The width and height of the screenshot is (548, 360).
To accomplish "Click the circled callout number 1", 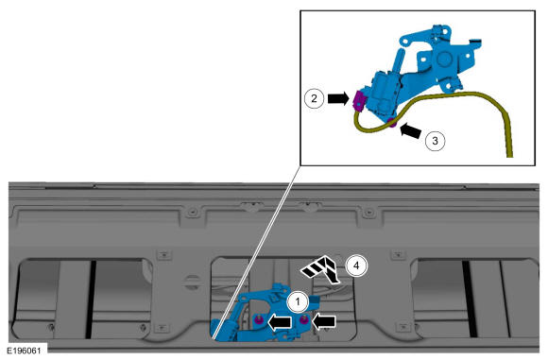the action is [x=298, y=301].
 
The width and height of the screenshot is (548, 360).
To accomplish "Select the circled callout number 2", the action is [x=314, y=98].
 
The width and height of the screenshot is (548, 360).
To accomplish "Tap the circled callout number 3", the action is [x=436, y=141].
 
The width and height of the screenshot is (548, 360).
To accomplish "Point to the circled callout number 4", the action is [x=356, y=266].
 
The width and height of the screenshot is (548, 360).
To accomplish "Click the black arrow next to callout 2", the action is [x=338, y=98].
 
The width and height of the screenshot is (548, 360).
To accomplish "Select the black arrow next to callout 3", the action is [x=411, y=131].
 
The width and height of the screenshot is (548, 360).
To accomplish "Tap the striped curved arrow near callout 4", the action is [x=321, y=269].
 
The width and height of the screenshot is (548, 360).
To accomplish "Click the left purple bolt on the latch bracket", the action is [x=259, y=319].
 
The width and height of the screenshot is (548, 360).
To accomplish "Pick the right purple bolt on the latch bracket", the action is [x=304, y=319].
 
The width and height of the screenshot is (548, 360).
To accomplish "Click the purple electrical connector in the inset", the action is [x=358, y=100].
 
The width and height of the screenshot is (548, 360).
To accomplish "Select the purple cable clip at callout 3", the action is [x=392, y=123].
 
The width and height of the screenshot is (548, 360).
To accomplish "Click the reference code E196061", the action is [x=24, y=351].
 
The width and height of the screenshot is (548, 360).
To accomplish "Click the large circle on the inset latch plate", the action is [x=444, y=60].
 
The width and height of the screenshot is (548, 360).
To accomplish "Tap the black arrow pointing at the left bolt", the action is [x=280, y=322].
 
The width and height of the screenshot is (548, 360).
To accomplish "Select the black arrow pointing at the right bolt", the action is [x=324, y=321].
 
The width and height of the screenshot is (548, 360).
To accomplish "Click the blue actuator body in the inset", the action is [x=384, y=93].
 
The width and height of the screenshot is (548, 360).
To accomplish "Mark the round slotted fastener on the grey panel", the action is [x=192, y=283].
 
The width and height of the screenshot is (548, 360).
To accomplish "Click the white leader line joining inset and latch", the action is [x=257, y=252].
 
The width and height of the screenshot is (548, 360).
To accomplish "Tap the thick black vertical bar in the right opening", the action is [x=471, y=299].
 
